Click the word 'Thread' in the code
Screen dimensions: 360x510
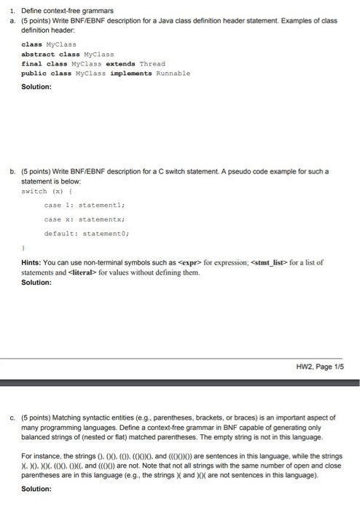(152, 63)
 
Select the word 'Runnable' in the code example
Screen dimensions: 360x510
(169, 73)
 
